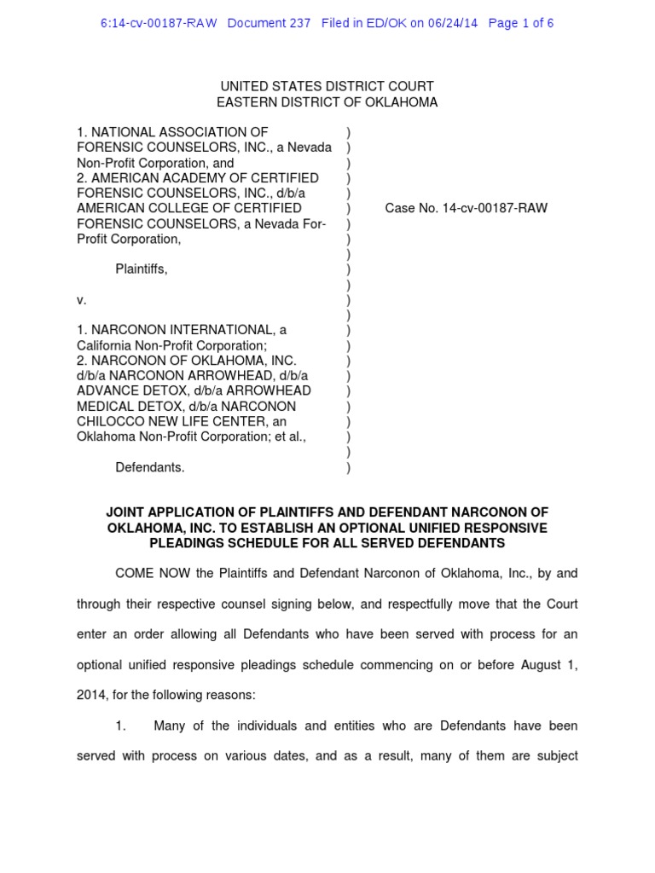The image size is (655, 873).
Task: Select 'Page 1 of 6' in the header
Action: pos(520,23)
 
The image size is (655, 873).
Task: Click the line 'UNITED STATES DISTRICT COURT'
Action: pos(327,86)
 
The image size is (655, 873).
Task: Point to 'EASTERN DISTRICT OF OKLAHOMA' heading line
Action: pos(327,102)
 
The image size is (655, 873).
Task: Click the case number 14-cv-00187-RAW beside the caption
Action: pos(495,208)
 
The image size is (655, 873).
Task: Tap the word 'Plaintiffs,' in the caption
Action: pos(142,269)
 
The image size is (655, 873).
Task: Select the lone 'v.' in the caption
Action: pos(82,300)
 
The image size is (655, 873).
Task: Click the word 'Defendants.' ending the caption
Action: pos(150,467)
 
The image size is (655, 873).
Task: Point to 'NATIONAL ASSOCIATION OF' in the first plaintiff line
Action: pos(179,132)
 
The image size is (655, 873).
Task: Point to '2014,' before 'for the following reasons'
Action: pos(91,695)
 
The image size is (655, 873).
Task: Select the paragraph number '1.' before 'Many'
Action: pos(121,726)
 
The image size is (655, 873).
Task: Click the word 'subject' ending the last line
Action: pos(556,756)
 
